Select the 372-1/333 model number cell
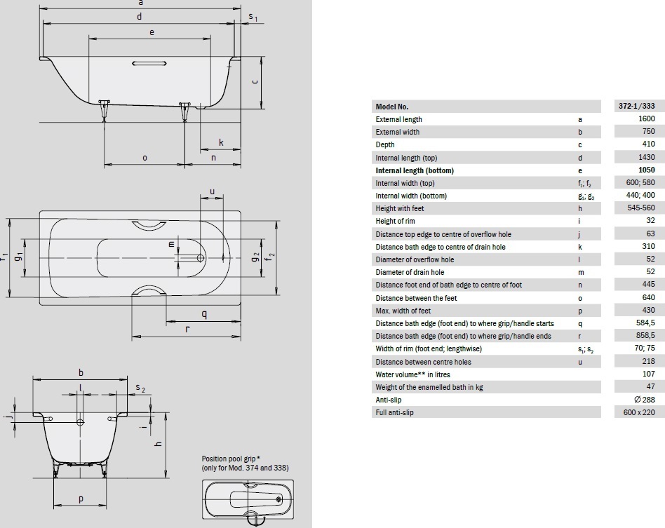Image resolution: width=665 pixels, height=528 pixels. (x=636, y=106)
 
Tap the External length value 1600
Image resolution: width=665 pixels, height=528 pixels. (x=646, y=119)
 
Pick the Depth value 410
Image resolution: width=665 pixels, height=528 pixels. (x=648, y=144)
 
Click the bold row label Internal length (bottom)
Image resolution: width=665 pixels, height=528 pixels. (x=415, y=170)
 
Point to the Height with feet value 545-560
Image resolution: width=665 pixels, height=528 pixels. (x=641, y=208)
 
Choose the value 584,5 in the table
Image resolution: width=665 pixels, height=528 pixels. (x=645, y=323)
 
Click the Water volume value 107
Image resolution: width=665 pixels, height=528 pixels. (x=648, y=374)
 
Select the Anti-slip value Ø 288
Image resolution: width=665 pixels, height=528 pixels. (x=644, y=400)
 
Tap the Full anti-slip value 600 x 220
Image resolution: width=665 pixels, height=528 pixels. (x=639, y=412)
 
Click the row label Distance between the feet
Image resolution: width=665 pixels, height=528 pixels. (x=416, y=298)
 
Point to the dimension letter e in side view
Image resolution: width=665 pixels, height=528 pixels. (x=152, y=32)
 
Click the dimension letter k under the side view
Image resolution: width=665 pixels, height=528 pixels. (x=221, y=142)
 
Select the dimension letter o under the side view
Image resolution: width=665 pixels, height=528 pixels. (x=145, y=158)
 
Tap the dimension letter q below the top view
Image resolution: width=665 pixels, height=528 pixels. (x=204, y=315)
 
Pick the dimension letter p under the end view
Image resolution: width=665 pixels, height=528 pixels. (x=81, y=499)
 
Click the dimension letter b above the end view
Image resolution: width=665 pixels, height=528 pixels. (x=81, y=373)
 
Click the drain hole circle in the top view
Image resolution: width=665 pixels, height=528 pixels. (x=200, y=257)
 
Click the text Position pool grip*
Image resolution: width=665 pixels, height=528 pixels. (x=231, y=459)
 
